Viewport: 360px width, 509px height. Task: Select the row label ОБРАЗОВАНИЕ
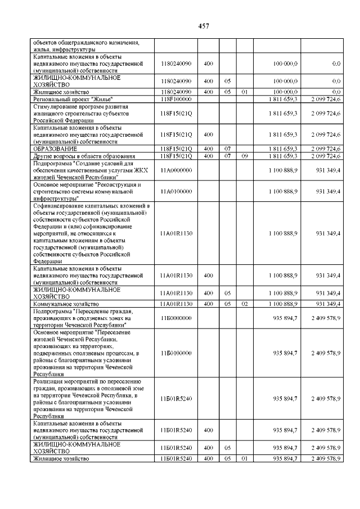[53, 148]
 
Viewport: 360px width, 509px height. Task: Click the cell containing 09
[244, 156]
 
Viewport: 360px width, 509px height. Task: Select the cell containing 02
[244, 304]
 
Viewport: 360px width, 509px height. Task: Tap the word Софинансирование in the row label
[59, 206]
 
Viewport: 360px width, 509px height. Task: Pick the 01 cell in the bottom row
[244, 459]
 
